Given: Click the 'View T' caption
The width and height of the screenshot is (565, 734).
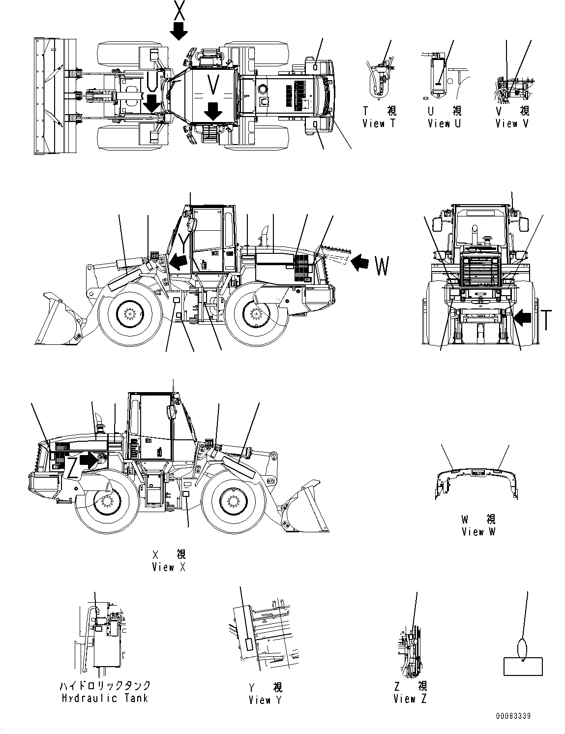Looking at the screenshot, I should (379, 124).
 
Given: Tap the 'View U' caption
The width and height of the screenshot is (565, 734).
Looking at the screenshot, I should (444, 124).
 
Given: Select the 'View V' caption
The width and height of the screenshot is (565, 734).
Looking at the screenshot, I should (512, 124).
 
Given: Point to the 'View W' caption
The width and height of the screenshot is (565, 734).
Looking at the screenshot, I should (479, 532).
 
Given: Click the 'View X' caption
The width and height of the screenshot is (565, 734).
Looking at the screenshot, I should (170, 567).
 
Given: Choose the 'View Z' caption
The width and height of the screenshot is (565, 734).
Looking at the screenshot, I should (410, 699).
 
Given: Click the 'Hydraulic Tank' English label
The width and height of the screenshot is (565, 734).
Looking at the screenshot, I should (105, 698).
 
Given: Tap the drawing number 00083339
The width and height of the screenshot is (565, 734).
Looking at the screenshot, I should (513, 717).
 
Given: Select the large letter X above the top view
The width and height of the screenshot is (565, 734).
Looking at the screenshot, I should (178, 11).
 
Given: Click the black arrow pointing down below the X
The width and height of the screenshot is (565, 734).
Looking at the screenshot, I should (178, 31).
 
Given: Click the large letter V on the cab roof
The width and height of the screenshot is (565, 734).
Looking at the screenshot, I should (212, 85).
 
